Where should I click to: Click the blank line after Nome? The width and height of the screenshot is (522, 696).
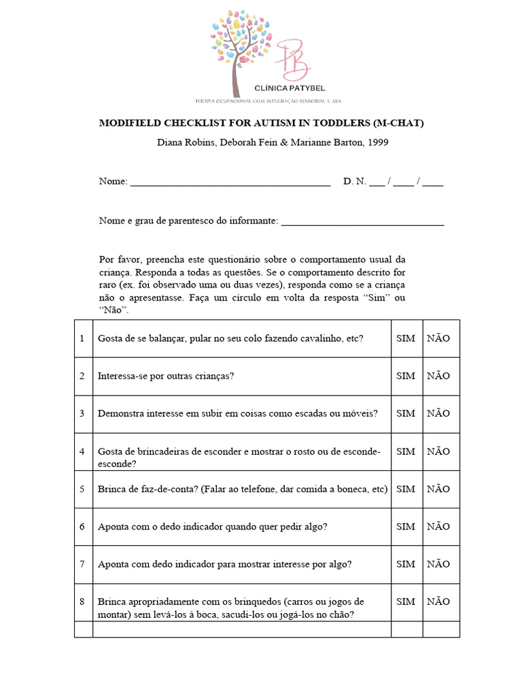[x=230, y=182]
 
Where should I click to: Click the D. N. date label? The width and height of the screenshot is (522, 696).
[x=355, y=181]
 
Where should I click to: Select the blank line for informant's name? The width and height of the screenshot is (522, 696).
[x=362, y=222]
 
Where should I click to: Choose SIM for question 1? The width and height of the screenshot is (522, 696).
[x=405, y=338]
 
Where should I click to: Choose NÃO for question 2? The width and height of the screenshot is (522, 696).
[x=438, y=376]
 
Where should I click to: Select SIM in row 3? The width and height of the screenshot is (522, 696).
[x=405, y=413]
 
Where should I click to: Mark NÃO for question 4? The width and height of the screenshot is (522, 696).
[x=438, y=451]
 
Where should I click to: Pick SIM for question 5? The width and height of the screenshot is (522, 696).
[x=405, y=489]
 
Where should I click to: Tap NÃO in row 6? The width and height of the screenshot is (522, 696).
[x=438, y=526]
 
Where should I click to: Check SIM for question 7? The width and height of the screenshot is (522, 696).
[x=405, y=563]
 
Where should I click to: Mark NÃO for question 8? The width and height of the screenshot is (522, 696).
[x=438, y=602]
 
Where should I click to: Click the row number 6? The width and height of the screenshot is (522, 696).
[x=82, y=526]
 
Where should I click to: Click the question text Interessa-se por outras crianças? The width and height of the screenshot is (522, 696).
[x=166, y=376]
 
